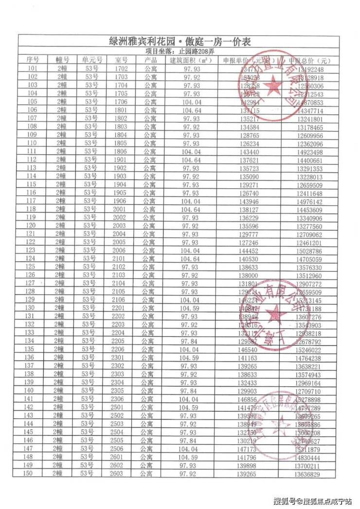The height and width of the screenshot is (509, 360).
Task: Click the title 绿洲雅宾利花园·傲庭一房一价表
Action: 180,42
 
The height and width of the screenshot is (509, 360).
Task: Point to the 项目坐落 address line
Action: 180,51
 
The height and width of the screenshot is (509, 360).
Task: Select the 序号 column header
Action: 33,60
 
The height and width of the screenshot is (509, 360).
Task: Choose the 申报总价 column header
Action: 309,60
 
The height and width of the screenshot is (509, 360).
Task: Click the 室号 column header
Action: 121,60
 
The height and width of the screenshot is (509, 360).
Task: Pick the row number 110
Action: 33,143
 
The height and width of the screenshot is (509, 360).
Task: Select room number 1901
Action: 121,160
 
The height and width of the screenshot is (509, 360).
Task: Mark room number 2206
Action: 121,349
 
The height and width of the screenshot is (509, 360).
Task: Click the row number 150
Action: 33,473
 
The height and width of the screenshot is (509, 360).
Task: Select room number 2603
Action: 121,473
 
